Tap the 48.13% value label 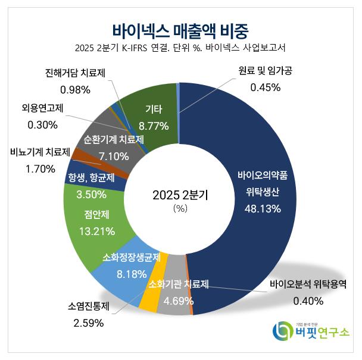click(263, 209)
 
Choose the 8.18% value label click(122, 274)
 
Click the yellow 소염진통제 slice click(148, 300)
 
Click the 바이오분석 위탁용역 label click(307, 284)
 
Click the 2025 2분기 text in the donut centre click(180, 195)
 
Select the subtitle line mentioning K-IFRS click(180, 48)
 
